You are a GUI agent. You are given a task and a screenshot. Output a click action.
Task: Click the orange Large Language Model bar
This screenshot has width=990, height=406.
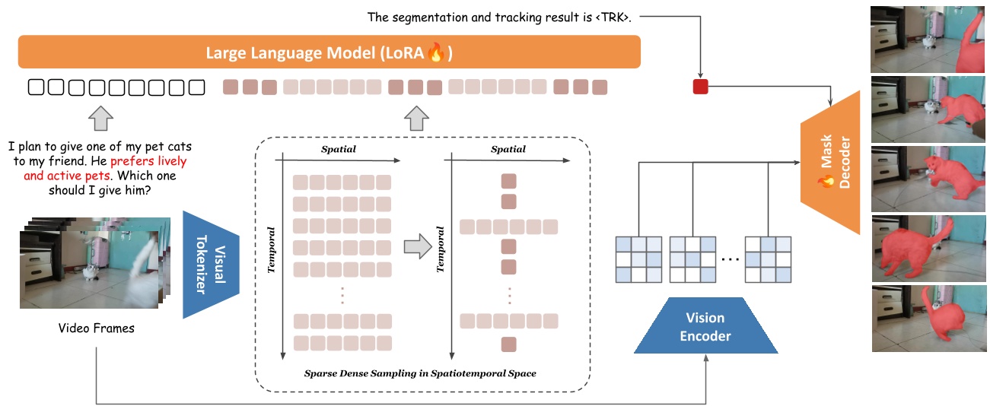tap(329, 53)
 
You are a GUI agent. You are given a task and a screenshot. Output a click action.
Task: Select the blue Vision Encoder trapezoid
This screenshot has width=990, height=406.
tap(705, 326)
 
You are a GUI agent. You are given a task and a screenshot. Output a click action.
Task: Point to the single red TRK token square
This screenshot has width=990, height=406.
tap(700, 87)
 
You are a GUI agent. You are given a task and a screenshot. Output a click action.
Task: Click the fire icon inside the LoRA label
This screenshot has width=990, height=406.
tap(435, 53)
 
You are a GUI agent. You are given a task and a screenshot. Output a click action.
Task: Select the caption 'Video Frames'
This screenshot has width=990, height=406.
tap(97, 328)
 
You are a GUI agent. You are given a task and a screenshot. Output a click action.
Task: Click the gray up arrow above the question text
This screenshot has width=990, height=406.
tap(101, 119)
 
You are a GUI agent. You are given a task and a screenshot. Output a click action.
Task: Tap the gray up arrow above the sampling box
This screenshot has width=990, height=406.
tap(416, 119)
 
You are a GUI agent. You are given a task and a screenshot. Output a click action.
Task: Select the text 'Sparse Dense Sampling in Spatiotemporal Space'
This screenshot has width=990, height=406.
tap(420, 373)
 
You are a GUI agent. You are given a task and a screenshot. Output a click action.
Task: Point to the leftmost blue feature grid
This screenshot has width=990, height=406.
tap(640, 259)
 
